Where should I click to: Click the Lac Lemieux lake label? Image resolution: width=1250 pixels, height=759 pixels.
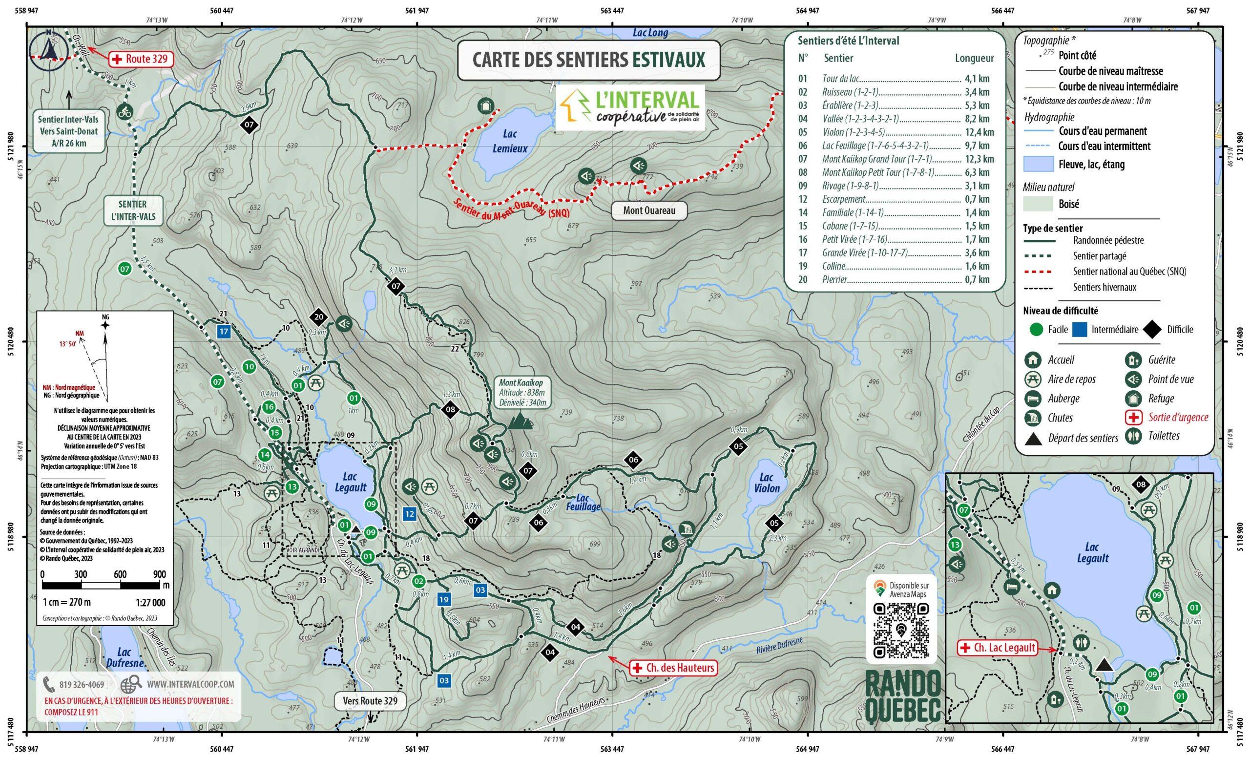[509, 141]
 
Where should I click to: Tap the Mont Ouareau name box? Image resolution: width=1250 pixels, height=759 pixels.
[649, 211]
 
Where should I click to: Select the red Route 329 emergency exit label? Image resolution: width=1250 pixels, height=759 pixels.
[140, 59]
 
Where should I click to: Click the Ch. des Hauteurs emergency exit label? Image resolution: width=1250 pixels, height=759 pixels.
[674, 668]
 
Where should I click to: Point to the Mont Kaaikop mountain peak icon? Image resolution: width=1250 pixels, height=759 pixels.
[520, 421]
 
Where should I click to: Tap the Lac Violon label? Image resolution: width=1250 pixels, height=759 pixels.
[766, 483]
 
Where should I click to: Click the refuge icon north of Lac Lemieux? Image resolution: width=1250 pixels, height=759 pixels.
[485, 106]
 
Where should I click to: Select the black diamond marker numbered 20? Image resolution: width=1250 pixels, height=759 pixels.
[318, 317]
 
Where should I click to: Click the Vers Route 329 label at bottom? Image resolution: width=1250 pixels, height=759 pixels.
[370, 701]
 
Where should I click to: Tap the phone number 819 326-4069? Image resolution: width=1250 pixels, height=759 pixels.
[81, 684]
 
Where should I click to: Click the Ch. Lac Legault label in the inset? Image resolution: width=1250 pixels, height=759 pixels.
[998, 648]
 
